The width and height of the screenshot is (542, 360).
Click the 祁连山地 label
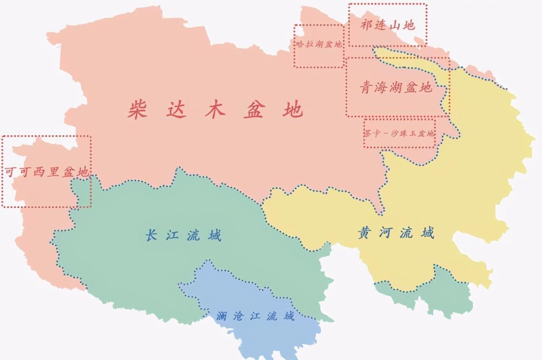pyautogui.click(x=387, y=25)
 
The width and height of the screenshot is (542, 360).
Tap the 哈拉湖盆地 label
pyautogui.click(x=318, y=44)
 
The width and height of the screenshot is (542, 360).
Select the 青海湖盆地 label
pyautogui.click(x=396, y=88)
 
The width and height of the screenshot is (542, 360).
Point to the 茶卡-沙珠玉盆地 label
pyautogui.click(x=399, y=133)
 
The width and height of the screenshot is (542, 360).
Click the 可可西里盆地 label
pyautogui.click(x=47, y=172)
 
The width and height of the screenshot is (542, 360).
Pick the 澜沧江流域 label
pyautogui.click(x=255, y=316)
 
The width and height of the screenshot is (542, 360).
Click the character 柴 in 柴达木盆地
pyautogui.click(x=137, y=109)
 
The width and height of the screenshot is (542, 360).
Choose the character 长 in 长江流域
pyautogui.click(x=151, y=235)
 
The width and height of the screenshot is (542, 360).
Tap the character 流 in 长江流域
pyautogui.click(x=194, y=235)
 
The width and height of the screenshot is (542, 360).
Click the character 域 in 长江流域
pyautogui.click(x=215, y=235)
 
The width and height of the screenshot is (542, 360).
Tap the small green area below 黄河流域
pyautogui.click(x=440, y=296)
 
